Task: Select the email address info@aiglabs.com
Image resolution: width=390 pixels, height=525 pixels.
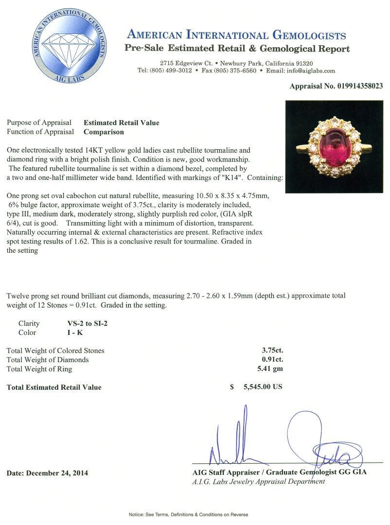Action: pyautogui.click(x=311, y=70)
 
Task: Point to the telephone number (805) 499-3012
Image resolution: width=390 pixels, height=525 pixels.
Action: pyautogui.click(x=171, y=70)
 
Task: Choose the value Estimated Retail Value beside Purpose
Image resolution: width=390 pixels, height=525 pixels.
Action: pyautogui.click(x=122, y=122)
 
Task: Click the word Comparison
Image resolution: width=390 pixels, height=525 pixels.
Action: pyautogui.click(x=104, y=131)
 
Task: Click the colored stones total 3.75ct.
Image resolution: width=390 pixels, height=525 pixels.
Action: pyautogui.click(x=272, y=350)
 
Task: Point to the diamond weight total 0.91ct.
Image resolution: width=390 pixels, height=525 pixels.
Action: pyautogui.click(x=272, y=360)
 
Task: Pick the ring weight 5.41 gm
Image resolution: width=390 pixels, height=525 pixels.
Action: pyautogui.click(x=272, y=368)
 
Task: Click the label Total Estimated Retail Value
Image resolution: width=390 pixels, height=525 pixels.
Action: pyautogui.click(x=54, y=387)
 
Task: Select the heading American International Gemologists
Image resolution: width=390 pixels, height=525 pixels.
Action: pyautogui.click(x=236, y=35)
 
